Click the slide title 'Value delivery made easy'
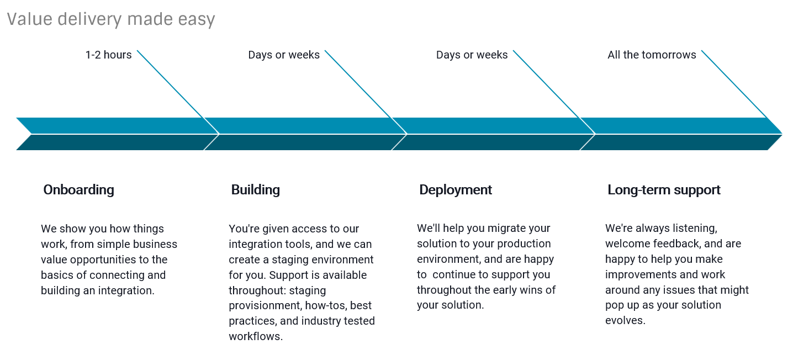[x=111, y=19]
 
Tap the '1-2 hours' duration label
[x=108, y=55]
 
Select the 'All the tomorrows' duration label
[x=652, y=55]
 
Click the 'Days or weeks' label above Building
[x=283, y=55]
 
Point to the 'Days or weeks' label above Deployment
[x=472, y=55]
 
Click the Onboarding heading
[x=78, y=190]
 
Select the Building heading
[x=255, y=190]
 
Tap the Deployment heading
[x=456, y=190]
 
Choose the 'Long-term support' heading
[x=664, y=190]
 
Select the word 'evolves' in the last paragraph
[x=625, y=320]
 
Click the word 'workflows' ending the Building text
[x=256, y=336]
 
